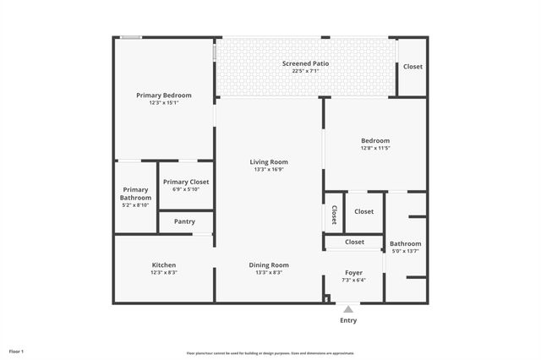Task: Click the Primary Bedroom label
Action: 164,95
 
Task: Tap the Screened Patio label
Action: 305,63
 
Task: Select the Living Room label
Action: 269,162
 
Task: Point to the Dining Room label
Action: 269,265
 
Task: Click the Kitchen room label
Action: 164,265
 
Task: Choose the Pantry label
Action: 184,221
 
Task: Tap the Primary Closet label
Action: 186,182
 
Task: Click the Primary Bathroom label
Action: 135,194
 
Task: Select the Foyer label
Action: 353,273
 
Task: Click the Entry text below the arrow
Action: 348,320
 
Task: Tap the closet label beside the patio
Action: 413,67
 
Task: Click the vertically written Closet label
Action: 335,215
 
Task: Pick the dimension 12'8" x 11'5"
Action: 375,149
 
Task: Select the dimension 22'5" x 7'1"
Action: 305,71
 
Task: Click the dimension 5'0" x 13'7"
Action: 405,251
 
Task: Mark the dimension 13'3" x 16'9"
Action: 269,170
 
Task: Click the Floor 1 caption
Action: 17,351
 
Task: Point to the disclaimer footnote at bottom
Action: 270,353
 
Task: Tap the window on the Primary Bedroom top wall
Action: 129,36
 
